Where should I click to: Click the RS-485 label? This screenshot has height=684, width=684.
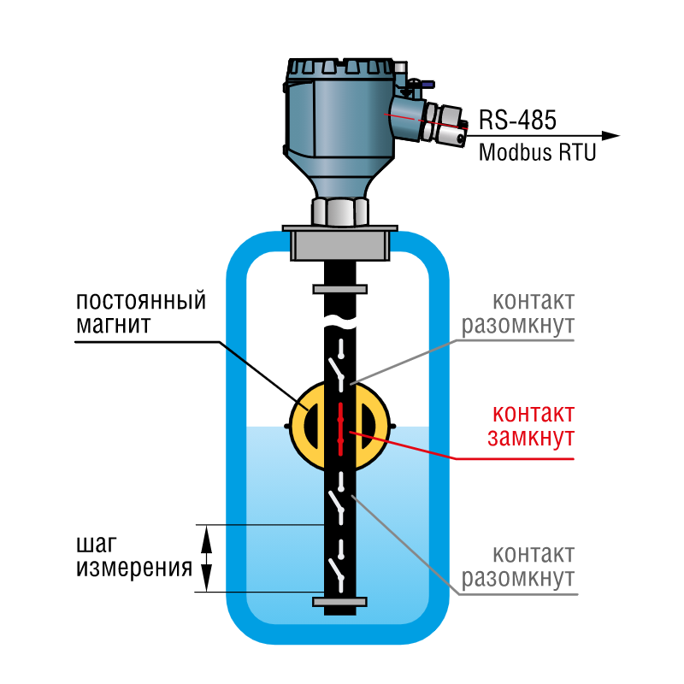pyautogui.click(x=517, y=120)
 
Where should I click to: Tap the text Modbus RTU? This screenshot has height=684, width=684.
pyautogui.click(x=537, y=153)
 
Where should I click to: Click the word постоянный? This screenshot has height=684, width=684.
pyautogui.click(x=141, y=302)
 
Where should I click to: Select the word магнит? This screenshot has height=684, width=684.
pyautogui.click(x=114, y=325)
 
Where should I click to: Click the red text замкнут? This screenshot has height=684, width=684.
pyautogui.click(x=530, y=438)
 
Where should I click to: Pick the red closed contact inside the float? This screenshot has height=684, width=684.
pyautogui.click(x=340, y=429)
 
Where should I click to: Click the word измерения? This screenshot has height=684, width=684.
pyautogui.click(x=134, y=568)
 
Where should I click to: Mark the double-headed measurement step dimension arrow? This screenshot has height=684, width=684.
pyautogui.click(x=206, y=558)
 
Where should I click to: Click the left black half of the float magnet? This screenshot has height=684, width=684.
pyautogui.click(x=314, y=427)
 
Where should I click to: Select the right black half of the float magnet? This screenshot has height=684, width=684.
pyautogui.click(x=367, y=427)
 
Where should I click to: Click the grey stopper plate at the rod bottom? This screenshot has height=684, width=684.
pyautogui.click(x=339, y=602)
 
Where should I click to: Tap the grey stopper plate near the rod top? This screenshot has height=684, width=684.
pyautogui.click(x=339, y=289)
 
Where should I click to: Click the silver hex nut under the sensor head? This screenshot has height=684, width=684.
pyautogui.click(x=339, y=212)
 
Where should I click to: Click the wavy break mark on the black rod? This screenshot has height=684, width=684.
pyautogui.click(x=339, y=321)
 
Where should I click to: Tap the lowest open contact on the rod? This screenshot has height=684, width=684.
pyautogui.click(x=337, y=570)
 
